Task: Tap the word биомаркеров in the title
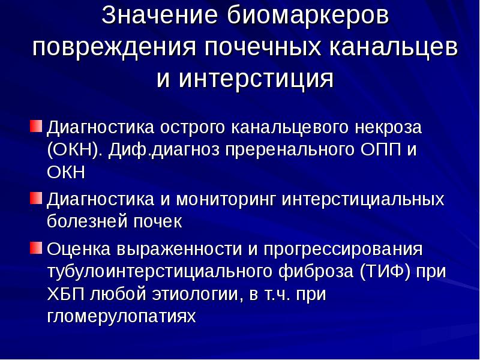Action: click(x=306, y=16)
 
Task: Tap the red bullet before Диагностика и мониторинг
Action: click(x=37, y=197)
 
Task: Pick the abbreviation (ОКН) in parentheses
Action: click(x=76, y=149)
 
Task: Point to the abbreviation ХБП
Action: click(x=65, y=294)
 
